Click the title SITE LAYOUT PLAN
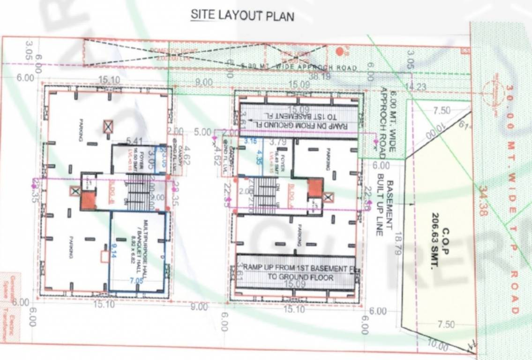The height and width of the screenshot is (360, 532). (242, 15)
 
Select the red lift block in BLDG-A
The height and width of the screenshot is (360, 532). (315, 187)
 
